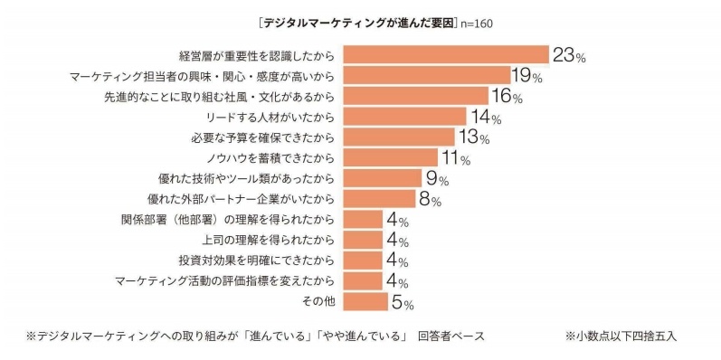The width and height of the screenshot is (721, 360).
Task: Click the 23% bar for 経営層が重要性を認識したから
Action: point(446,55)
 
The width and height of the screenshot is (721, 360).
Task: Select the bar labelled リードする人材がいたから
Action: point(404,117)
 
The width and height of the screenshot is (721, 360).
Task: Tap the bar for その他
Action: point(365,301)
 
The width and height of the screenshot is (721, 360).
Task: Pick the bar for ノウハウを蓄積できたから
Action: point(391,157)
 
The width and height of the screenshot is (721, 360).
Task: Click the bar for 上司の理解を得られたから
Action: point(363,240)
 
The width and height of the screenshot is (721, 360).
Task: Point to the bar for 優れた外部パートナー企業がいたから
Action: point(379,199)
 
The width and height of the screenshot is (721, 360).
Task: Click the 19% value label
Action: point(527,76)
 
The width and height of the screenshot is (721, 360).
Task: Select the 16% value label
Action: point(507,97)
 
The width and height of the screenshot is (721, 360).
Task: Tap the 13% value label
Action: point(473,137)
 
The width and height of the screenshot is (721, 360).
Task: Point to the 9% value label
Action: point(437,179)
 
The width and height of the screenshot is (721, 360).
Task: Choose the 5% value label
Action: point(403,302)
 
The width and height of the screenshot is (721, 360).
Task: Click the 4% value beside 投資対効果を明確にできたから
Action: point(397,261)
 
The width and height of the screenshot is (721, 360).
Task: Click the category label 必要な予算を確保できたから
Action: point(262,137)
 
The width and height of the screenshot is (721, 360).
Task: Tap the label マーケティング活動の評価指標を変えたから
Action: point(224,281)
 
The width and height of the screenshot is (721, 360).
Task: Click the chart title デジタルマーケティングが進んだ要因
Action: point(357,24)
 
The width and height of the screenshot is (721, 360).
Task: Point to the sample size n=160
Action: point(476,24)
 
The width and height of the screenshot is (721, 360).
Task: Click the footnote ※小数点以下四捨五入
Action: point(621,336)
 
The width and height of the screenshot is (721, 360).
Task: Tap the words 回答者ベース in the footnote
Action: point(451,336)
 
